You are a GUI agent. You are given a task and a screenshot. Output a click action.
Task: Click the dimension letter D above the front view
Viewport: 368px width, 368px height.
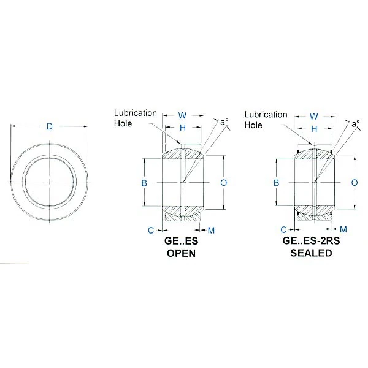(x=50, y=127)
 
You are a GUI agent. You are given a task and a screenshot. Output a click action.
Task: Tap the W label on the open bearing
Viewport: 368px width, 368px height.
(x=182, y=115)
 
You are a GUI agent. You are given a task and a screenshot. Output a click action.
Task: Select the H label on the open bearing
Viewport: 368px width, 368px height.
(x=182, y=128)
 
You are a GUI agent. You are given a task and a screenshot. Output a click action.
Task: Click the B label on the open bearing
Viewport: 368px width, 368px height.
(x=145, y=183)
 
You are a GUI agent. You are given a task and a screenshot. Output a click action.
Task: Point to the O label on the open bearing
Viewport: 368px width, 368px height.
(x=223, y=183)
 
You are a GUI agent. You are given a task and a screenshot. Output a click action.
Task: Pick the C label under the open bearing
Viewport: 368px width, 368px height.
(x=150, y=230)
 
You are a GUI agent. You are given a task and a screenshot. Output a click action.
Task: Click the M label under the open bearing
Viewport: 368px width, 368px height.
(x=212, y=230)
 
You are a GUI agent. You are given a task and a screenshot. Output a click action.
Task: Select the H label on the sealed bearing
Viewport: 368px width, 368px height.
(x=314, y=129)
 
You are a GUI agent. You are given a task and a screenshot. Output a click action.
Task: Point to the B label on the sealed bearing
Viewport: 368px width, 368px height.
(x=277, y=183)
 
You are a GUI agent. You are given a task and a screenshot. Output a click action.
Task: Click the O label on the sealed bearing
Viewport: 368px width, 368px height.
(x=355, y=183)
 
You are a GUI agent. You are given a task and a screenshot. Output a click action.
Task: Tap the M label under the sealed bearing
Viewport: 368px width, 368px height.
(x=343, y=229)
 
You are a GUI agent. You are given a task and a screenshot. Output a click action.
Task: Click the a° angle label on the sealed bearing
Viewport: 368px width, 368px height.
(x=356, y=124)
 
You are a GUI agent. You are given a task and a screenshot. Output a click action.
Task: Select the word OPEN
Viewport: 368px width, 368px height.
(x=182, y=253)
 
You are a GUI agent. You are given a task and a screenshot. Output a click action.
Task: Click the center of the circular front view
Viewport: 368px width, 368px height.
(x=50, y=182)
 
